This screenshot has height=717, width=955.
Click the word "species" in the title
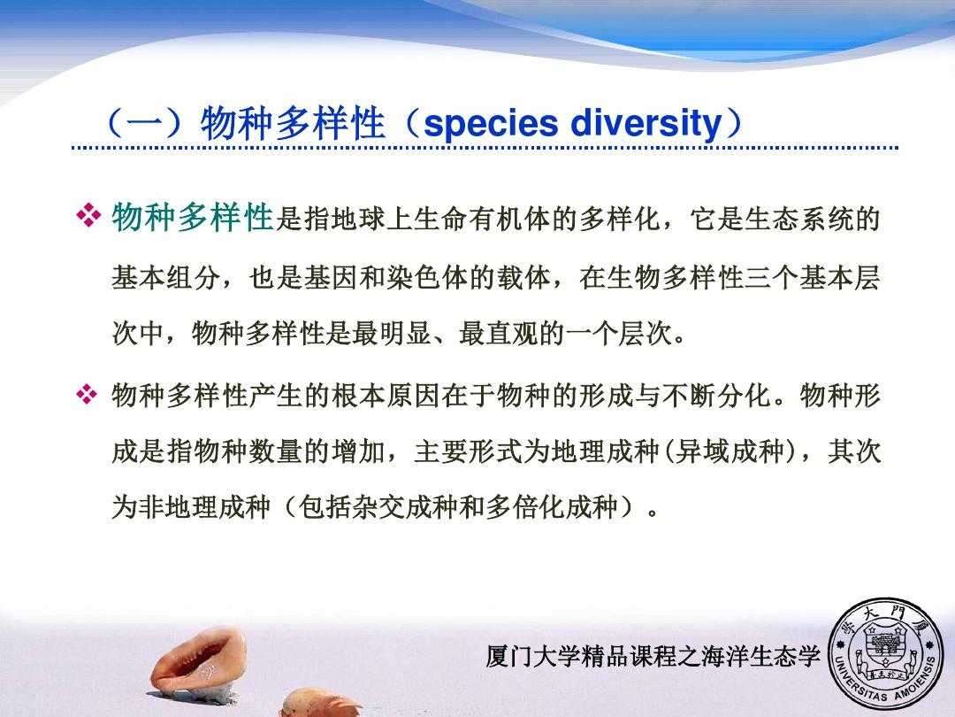point(490,124)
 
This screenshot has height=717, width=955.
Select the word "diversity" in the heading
point(646,124)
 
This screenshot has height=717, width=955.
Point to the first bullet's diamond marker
point(88,217)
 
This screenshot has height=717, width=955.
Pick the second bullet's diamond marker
point(87,395)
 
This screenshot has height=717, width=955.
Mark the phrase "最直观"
point(499,333)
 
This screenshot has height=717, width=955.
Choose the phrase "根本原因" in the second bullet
point(386,395)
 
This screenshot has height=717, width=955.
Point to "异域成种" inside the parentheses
point(729,451)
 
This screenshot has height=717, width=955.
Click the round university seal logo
point(888,654)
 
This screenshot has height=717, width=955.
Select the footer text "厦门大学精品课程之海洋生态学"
point(653,656)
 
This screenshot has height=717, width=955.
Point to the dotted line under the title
point(485,148)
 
